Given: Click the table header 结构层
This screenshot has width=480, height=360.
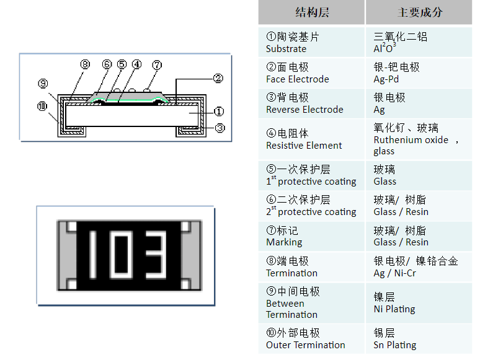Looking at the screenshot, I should pos(311,12).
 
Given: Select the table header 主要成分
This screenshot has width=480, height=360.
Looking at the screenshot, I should pos(420,12).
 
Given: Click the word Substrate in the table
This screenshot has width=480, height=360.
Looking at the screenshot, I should pos(286,49).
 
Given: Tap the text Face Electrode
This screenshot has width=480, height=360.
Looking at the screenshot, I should pos(297,79).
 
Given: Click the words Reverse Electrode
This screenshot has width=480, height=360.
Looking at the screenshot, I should pos(304,110).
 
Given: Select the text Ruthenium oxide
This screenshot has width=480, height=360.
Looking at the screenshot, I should pos(411,140).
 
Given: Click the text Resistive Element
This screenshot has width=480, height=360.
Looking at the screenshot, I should pos(304,146).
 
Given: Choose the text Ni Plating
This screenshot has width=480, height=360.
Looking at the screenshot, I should pos(394,309).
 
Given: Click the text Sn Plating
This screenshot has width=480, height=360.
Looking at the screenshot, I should pos(394,345).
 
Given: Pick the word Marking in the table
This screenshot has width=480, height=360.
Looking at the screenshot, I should pos(284,242).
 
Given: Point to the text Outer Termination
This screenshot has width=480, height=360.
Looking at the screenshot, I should pos(305,345).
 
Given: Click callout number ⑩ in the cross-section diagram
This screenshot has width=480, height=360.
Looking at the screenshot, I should pos(42,107).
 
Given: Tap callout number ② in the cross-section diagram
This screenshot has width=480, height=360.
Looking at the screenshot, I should pos(218,79).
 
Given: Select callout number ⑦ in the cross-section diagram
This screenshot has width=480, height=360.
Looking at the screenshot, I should pos(156,64).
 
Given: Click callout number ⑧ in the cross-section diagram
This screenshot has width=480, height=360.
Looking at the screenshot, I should pos(86,64).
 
